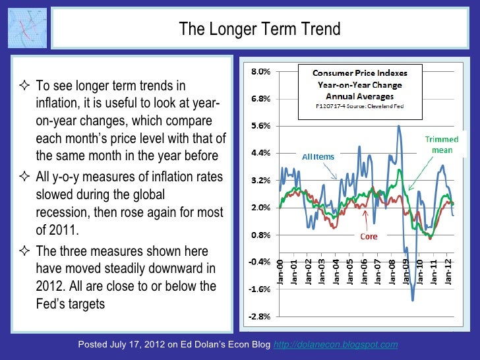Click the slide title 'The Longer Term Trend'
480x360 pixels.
click(x=260, y=30)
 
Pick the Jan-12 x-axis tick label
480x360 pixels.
click(x=448, y=271)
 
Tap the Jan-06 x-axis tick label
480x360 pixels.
click(x=363, y=271)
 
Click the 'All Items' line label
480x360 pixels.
click(x=318, y=157)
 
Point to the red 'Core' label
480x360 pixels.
click(x=368, y=236)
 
